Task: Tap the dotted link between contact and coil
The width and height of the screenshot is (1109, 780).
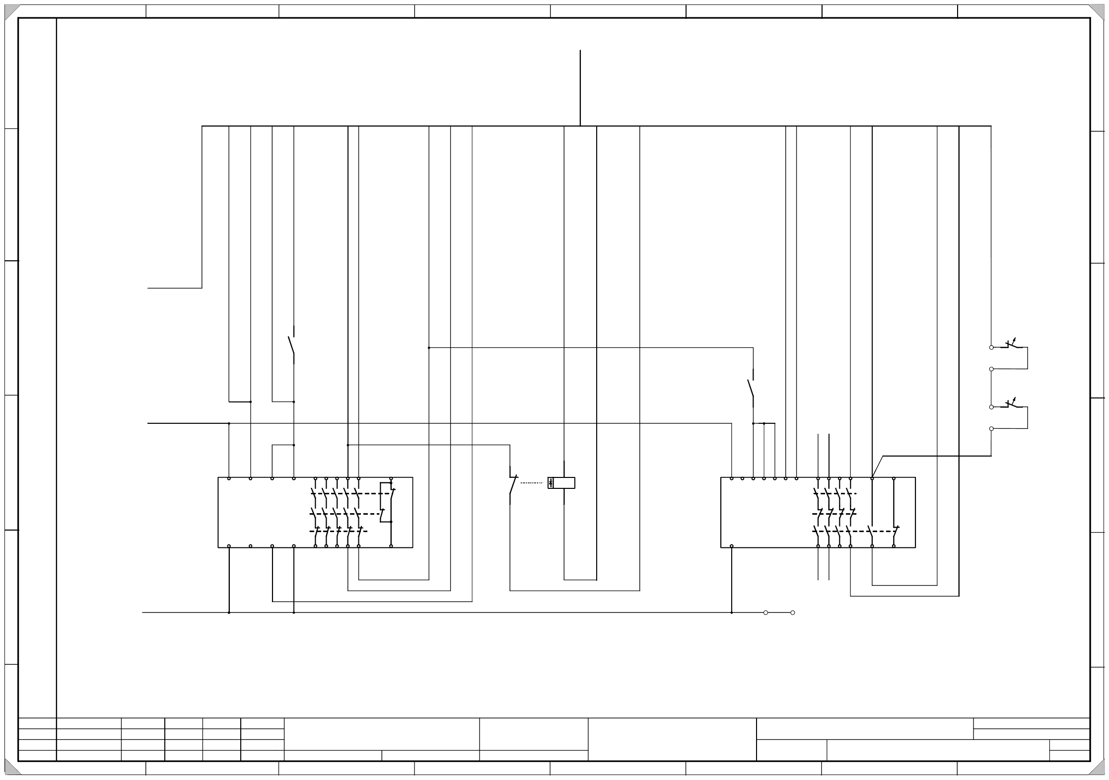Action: [x=531, y=482]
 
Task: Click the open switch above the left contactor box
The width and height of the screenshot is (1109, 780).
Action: [x=292, y=345]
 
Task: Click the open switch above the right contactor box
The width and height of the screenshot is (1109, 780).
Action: [x=751, y=388]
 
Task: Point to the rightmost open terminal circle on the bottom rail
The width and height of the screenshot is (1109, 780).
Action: [x=793, y=613]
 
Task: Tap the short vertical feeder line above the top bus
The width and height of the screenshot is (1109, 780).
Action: [x=580, y=87]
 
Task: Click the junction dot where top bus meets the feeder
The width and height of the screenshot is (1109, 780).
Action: [x=580, y=126]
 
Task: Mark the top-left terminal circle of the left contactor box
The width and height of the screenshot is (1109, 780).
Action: [x=229, y=478]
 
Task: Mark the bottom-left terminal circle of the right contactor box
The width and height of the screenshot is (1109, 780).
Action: [x=732, y=546]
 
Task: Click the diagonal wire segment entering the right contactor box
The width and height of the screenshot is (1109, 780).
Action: [x=877, y=467]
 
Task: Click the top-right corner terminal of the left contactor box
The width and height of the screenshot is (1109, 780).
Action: [x=391, y=478]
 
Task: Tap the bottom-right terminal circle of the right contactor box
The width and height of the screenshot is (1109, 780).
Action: [x=894, y=546]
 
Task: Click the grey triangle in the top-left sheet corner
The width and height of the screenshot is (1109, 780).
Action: [x=11, y=11]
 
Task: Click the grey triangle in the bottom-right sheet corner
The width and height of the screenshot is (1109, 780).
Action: [x=1098, y=769]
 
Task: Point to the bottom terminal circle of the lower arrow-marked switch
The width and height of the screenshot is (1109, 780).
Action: [x=991, y=428]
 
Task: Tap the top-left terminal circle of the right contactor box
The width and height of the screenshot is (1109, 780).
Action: [x=732, y=478]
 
